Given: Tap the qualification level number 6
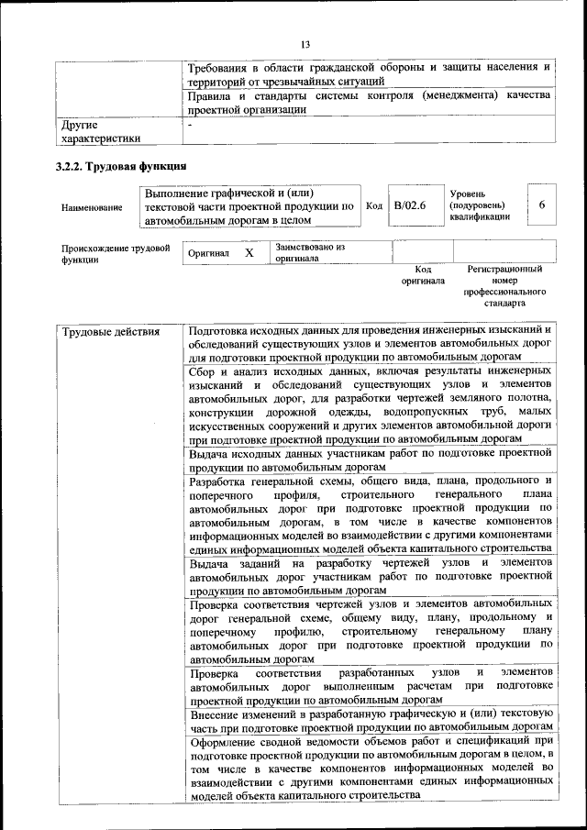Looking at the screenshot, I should pyautogui.click(x=541, y=205).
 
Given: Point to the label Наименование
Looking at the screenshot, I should pyautogui.click(x=92, y=208).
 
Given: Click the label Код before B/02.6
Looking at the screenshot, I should pyautogui.click(x=374, y=205).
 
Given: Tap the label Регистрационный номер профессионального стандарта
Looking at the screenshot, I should pyautogui.click(x=504, y=285).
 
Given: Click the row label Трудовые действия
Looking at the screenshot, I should pyautogui.click(x=110, y=332).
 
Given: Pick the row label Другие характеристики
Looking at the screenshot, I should pyautogui.click(x=101, y=130).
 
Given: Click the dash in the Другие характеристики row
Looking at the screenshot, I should pyautogui.click(x=190, y=124).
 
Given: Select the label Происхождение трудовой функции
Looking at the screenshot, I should pyautogui.click(x=116, y=253).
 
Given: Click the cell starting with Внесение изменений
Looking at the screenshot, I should pyautogui.click(x=370, y=719).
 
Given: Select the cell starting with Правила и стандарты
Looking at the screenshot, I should pyautogui.click(x=370, y=102).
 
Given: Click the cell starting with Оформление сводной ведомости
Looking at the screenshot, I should pyautogui.click(x=370, y=767).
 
